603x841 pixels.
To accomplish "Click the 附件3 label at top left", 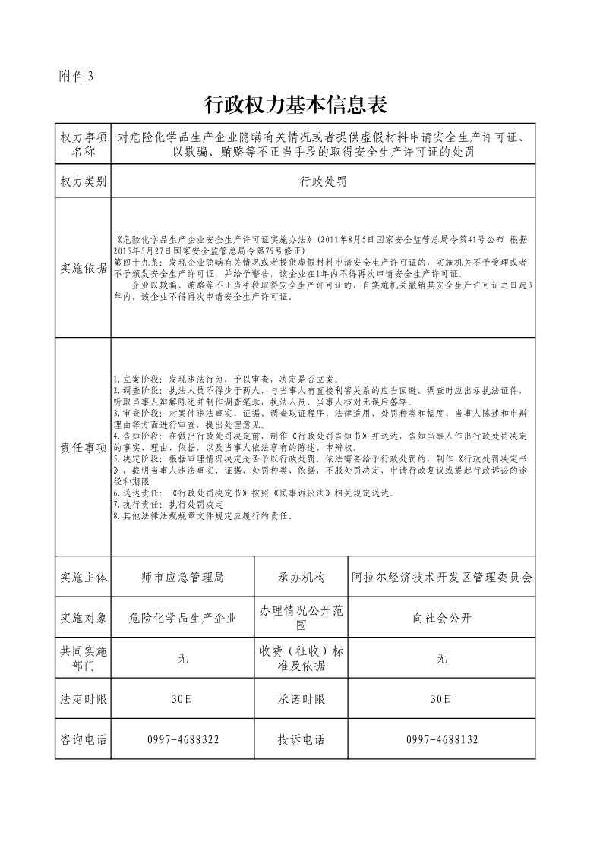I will (x=75, y=76).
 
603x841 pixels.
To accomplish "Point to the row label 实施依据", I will (x=83, y=268).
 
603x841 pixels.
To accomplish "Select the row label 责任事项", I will (x=83, y=447).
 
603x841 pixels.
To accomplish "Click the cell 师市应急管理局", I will (x=182, y=577).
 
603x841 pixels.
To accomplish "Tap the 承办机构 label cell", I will (x=301, y=577).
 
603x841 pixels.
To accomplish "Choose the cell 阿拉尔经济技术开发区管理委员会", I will (x=442, y=577).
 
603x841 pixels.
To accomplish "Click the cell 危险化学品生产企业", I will (x=182, y=618).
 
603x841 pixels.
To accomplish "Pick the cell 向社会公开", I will (x=442, y=618).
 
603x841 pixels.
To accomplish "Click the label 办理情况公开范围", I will (x=301, y=618).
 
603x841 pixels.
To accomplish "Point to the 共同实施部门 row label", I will (x=83, y=658).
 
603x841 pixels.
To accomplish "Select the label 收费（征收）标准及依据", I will (x=301, y=658).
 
